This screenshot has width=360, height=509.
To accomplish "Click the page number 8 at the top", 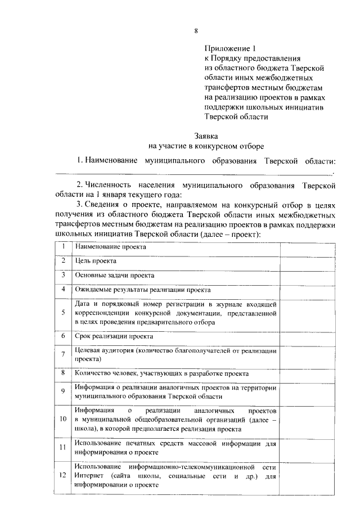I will point(196,30).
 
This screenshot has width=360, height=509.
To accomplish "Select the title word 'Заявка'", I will point(205,136).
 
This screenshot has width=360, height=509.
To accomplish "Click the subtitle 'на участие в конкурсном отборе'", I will point(206,146).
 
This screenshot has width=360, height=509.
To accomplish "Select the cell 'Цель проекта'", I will point(96,261).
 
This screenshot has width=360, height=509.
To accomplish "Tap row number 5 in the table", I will point(64,313).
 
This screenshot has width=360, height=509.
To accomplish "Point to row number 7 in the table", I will point(64,354).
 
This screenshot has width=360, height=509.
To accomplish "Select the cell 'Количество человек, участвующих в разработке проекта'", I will point(161,373).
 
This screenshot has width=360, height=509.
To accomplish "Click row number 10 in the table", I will point(64,419).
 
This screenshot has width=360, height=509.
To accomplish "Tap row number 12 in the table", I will point(64,476).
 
